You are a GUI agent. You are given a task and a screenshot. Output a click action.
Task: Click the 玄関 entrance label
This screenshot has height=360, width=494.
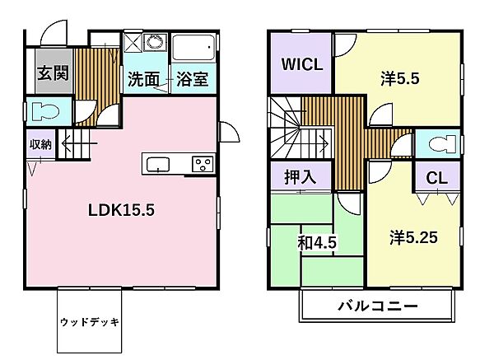tap(51, 72)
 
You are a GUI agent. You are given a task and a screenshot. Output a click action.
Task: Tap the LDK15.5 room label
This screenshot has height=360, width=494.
tap(122, 209)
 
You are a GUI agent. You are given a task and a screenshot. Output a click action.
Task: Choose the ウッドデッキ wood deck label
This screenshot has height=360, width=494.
tap(90, 321)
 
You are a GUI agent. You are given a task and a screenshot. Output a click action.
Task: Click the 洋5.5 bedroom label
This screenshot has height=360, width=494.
tap(401, 79)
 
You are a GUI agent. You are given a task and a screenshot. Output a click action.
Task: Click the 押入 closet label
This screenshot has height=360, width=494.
tap(300, 176)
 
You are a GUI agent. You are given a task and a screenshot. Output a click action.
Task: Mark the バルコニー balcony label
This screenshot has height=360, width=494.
tap(378, 306)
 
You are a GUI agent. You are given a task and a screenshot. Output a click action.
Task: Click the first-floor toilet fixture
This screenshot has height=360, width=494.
tap(40, 111)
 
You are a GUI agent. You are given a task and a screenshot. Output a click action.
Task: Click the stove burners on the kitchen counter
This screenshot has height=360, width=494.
tap(201, 164)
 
